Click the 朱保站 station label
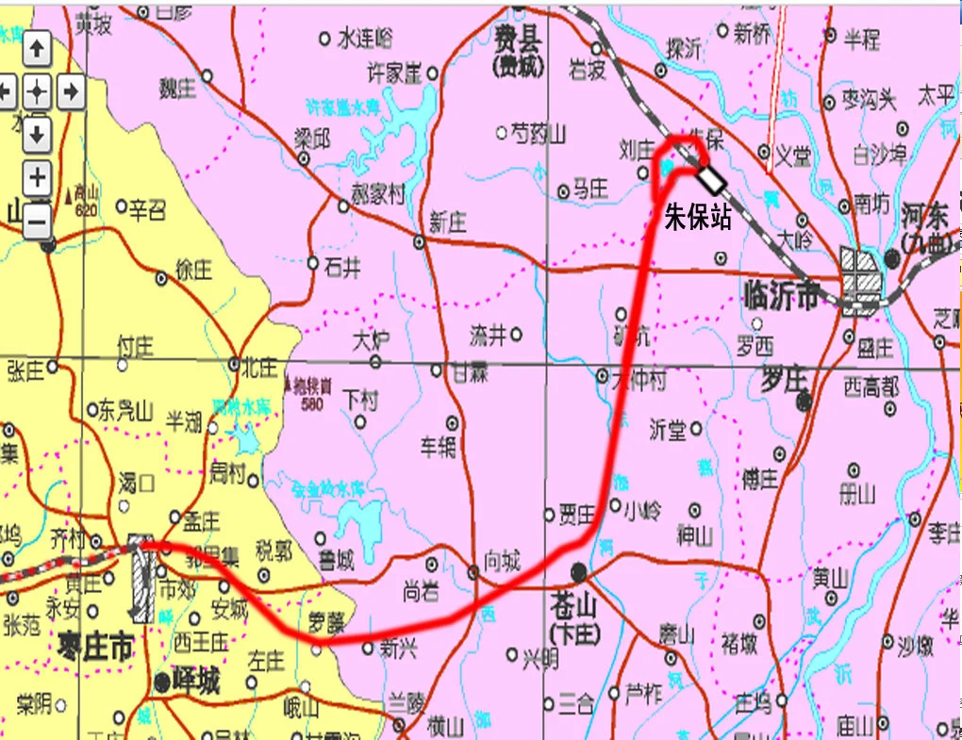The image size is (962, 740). click(x=698, y=217)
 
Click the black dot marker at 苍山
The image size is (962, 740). click(x=578, y=571)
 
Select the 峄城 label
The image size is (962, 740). click(x=195, y=681)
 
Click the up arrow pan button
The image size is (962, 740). click(x=36, y=48)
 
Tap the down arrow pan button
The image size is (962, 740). click(x=36, y=133)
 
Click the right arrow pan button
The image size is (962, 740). click(x=70, y=91)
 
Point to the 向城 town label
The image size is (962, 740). click(x=501, y=560)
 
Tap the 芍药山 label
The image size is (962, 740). click(x=538, y=134)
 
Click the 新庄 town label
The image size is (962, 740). click(x=448, y=222)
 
